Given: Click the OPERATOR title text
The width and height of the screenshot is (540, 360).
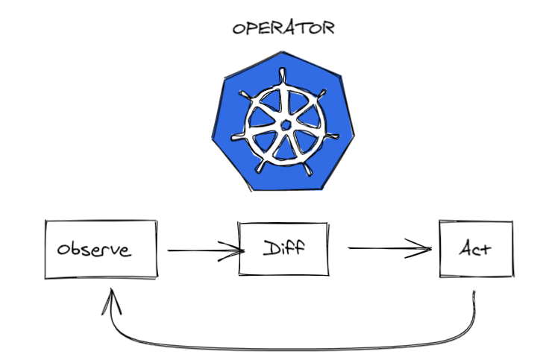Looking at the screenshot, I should (283, 29).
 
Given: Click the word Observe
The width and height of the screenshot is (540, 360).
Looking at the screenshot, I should (95, 250).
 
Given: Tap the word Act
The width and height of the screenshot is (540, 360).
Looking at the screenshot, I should (474, 249).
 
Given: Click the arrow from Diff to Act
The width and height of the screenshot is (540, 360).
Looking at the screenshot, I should (388, 249).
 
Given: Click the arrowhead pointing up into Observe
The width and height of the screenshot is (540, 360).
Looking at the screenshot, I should (113, 298).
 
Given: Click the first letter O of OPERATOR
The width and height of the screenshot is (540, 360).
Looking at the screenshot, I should (239, 29).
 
